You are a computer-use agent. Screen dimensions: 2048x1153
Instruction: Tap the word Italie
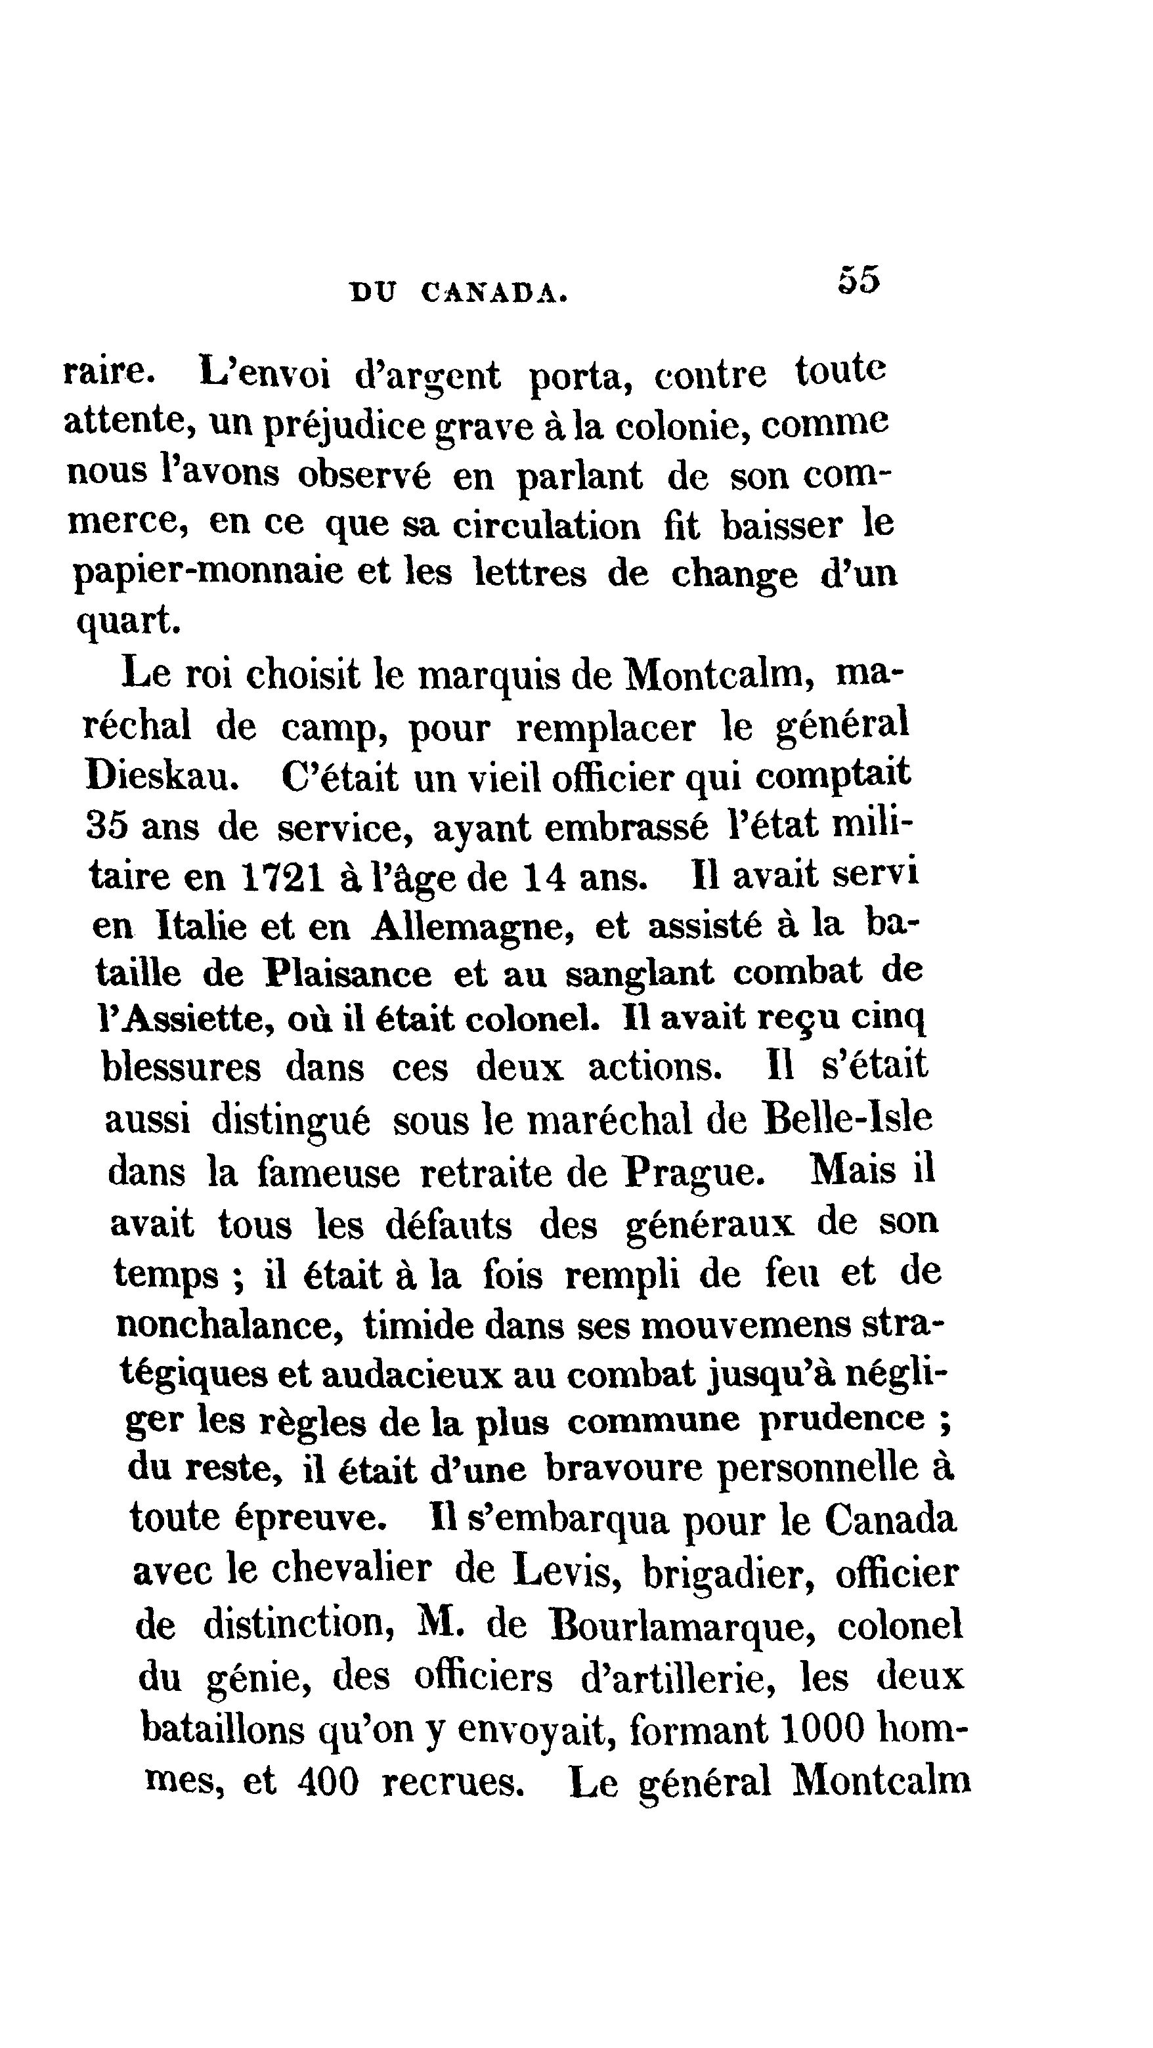tap(203, 926)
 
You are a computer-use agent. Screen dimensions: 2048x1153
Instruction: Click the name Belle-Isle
tap(847, 1119)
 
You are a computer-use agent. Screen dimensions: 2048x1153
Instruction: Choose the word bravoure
tap(624, 1468)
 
